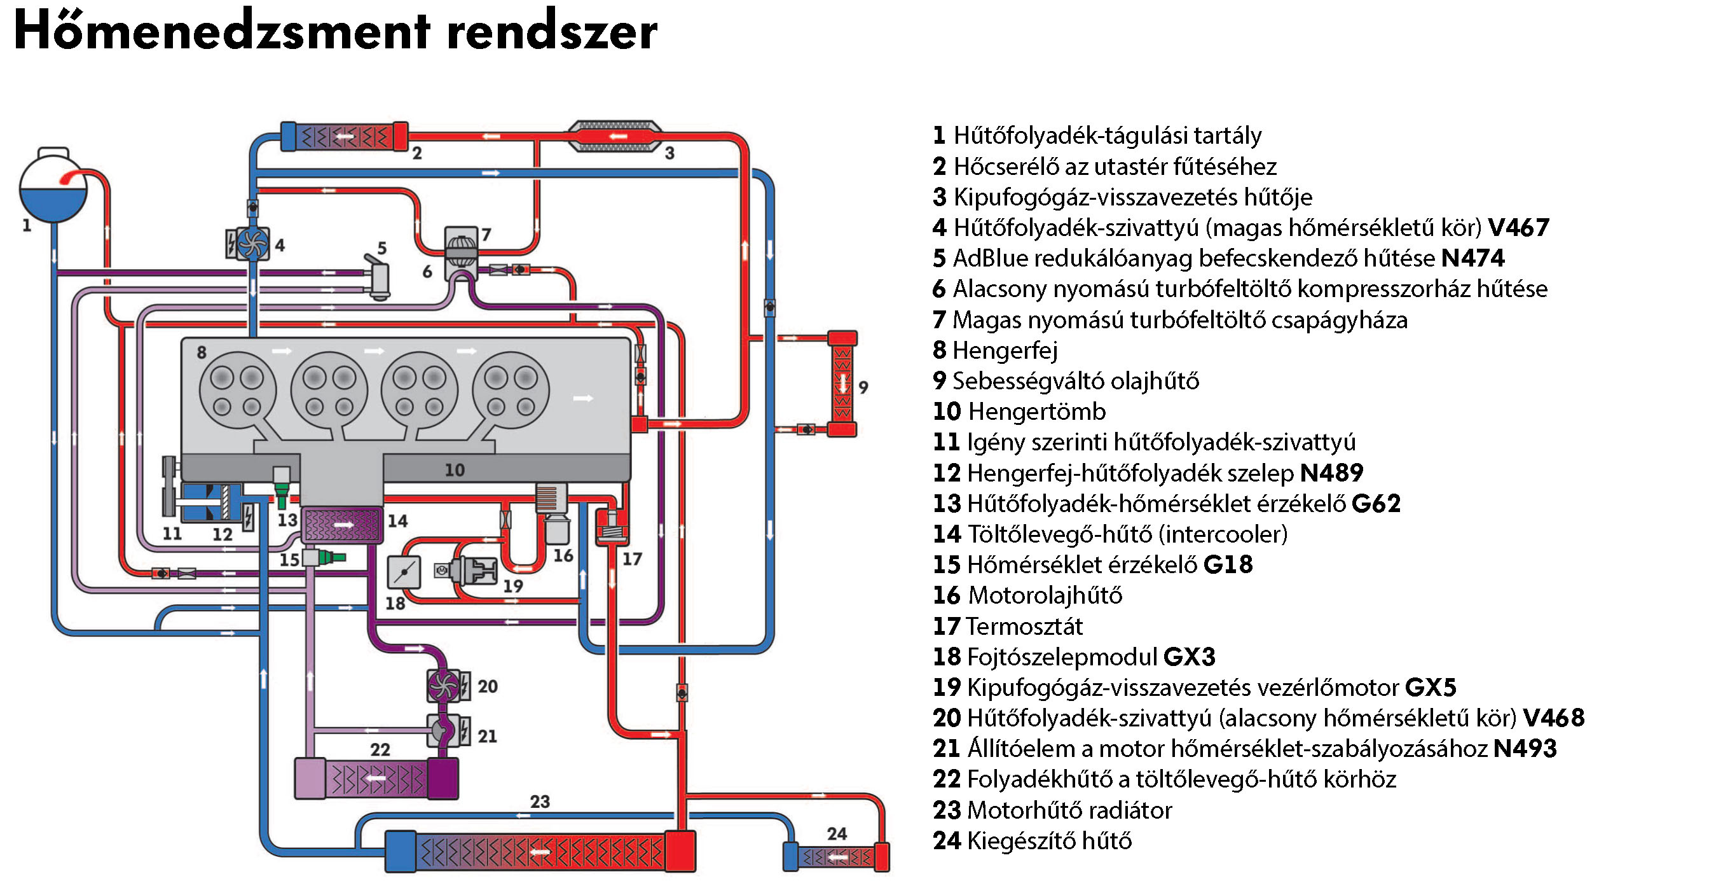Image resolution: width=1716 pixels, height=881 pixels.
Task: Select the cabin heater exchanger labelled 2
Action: click(x=344, y=137)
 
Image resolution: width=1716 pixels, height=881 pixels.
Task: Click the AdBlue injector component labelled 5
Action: click(x=378, y=278)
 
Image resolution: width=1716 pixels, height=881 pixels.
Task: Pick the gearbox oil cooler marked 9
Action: click(x=842, y=384)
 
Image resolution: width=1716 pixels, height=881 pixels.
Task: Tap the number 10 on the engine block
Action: click(x=455, y=470)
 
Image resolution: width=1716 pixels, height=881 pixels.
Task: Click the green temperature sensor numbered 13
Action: click(x=282, y=490)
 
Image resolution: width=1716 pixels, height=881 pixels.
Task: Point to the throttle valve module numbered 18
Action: click(x=404, y=572)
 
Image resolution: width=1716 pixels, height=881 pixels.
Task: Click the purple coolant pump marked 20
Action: click(x=444, y=685)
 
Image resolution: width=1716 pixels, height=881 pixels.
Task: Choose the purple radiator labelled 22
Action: click(x=376, y=779)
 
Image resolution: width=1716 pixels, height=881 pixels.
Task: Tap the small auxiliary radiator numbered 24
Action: click(x=836, y=857)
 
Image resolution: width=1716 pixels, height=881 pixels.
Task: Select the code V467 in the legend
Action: click(x=1519, y=228)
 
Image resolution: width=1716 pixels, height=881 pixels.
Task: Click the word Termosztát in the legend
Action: click(x=1024, y=627)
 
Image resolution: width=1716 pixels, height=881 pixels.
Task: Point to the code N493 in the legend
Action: click(x=1525, y=749)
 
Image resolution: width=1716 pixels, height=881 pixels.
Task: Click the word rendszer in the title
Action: click(x=553, y=32)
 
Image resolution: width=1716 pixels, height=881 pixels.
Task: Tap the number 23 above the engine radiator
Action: click(x=540, y=801)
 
